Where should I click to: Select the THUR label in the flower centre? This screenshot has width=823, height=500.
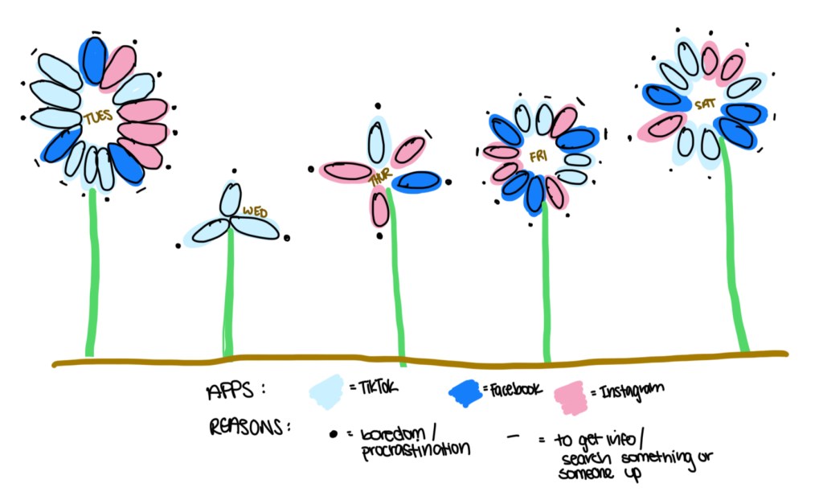pyautogui.click(x=379, y=182)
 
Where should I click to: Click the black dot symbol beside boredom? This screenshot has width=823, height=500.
pyautogui.click(x=332, y=434)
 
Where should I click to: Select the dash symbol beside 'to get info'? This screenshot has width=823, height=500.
pyautogui.click(x=512, y=438)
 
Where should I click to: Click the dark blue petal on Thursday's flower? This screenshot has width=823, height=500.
pyautogui.click(x=417, y=182)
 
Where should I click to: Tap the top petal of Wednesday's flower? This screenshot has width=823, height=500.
pyautogui.click(x=231, y=199)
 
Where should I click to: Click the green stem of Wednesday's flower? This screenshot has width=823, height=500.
pyautogui.click(x=230, y=297)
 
